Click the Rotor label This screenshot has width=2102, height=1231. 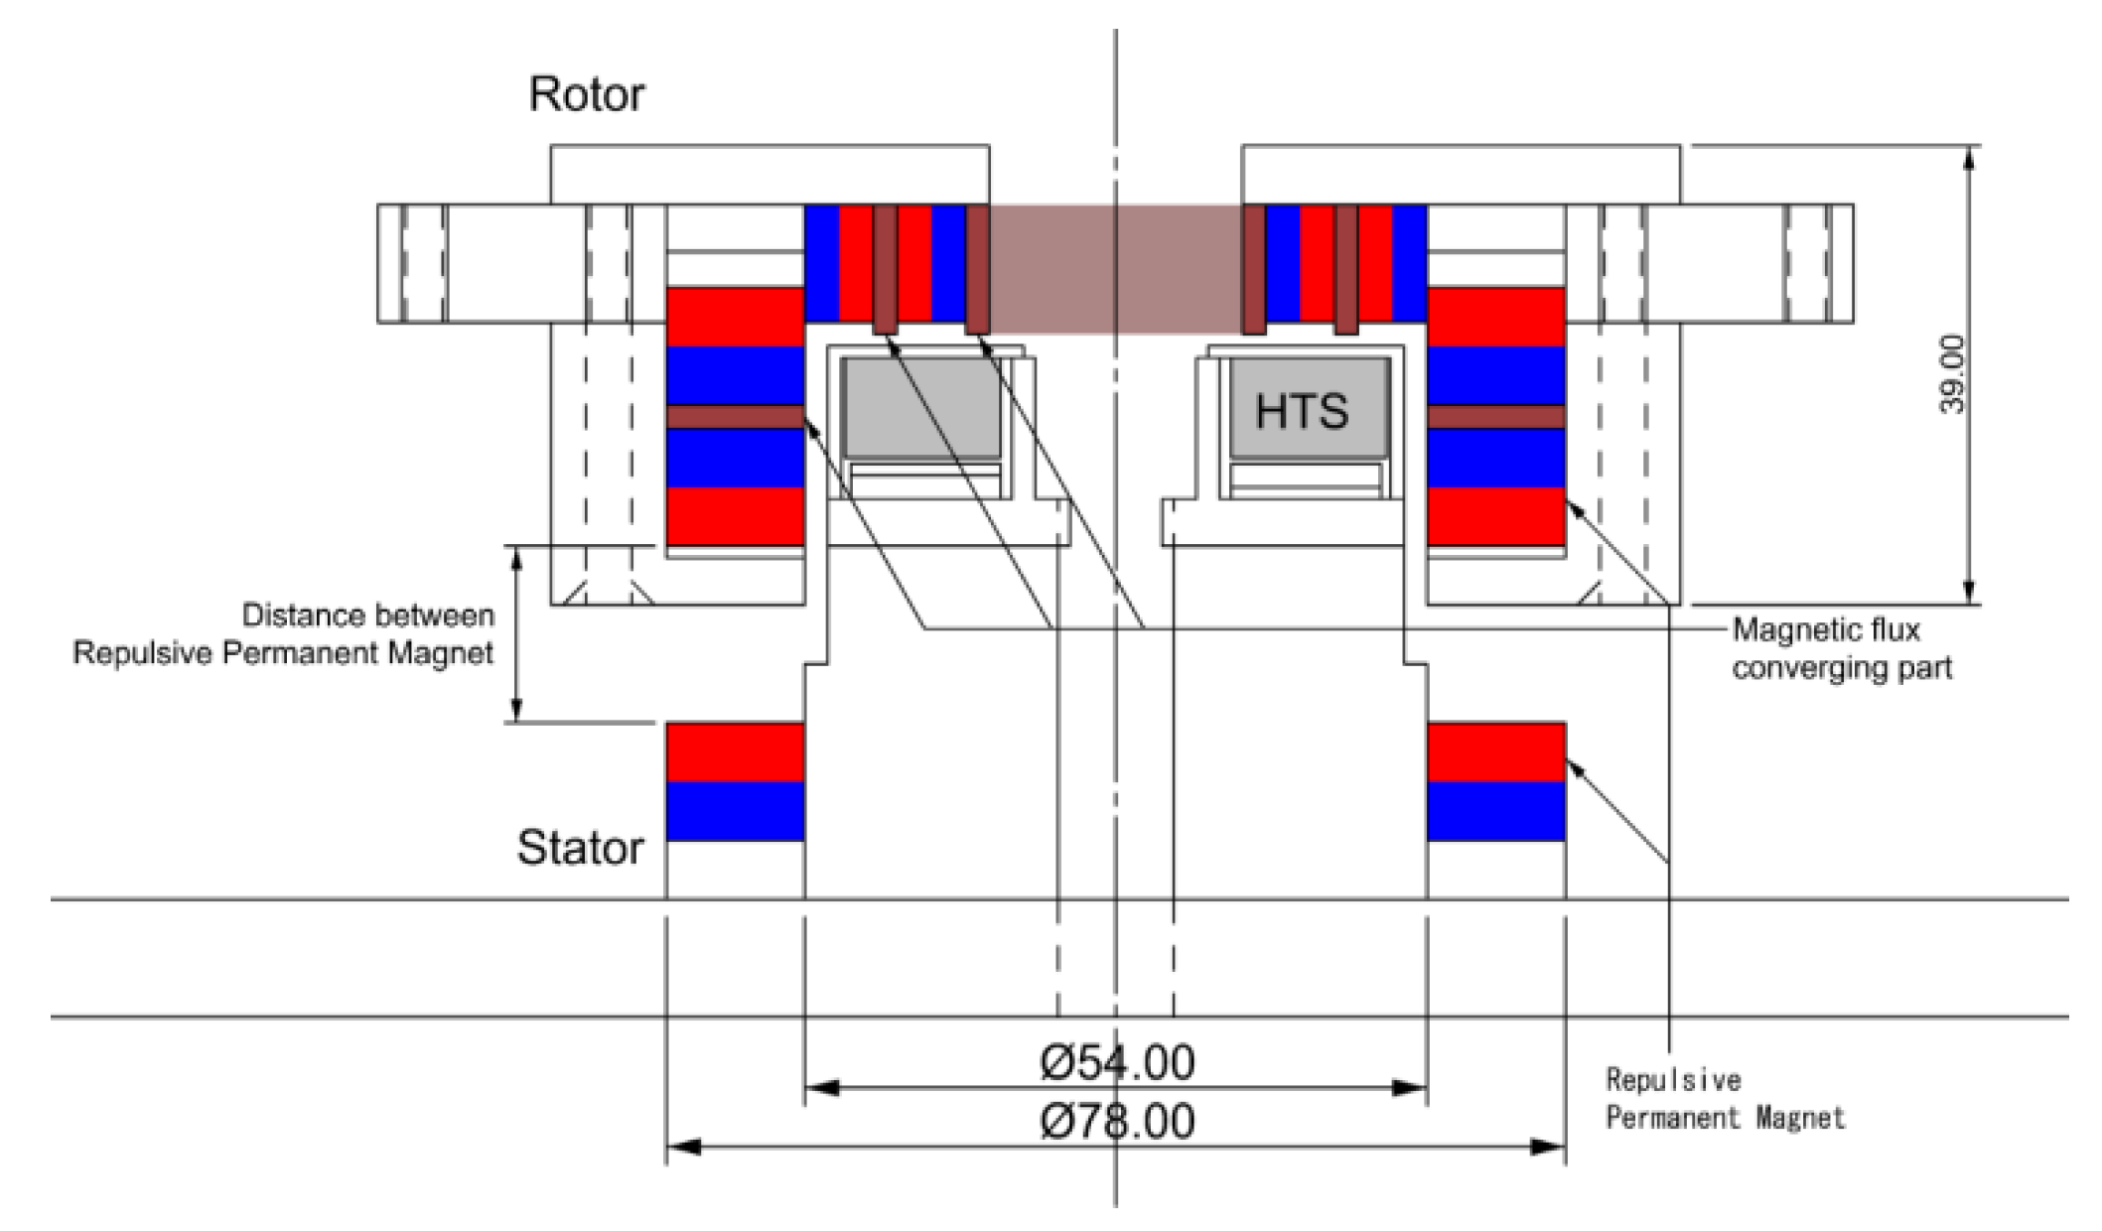[586, 94]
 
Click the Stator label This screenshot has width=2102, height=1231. [580, 848]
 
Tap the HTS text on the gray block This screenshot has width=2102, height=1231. [1301, 411]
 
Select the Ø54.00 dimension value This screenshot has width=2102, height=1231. [1117, 1063]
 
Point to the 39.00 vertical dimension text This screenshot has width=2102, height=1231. [1952, 374]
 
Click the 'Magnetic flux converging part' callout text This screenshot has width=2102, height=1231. [1841, 648]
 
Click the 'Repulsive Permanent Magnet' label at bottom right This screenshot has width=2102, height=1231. [1725, 1099]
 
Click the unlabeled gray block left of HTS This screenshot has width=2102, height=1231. [921, 408]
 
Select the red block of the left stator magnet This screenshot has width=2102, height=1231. [735, 752]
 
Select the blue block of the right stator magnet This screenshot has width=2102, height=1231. [1495, 811]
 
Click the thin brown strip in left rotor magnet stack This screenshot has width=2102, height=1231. [735, 417]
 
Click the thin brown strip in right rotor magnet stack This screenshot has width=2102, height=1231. [1495, 417]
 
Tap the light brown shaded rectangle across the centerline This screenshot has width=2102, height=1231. [1115, 268]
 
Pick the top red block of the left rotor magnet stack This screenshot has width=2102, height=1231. [735, 317]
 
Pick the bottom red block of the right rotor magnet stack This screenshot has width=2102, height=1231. [1495, 516]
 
